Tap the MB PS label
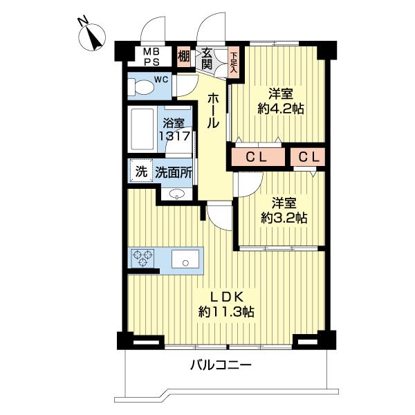click(150, 57)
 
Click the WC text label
click(160, 79)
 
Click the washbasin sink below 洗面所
click(177, 195)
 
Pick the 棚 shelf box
click(183, 56)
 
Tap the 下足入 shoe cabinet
click(234, 62)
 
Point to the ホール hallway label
click(214, 111)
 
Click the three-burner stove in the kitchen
click(143, 259)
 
